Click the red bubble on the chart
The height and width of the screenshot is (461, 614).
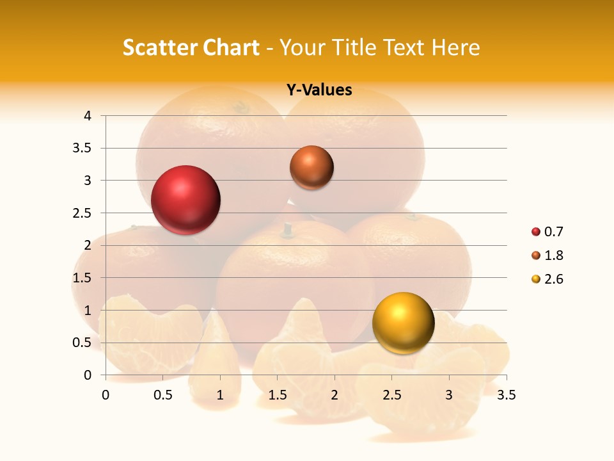click(x=186, y=200)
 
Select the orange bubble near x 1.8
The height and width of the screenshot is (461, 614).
click(x=311, y=167)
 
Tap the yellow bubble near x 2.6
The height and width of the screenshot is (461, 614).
click(x=403, y=323)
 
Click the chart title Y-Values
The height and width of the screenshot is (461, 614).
click(x=319, y=90)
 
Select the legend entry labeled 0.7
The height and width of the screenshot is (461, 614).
click(x=548, y=232)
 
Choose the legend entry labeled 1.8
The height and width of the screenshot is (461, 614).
click(x=548, y=255)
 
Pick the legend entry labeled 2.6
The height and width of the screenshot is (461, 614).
click(x=548, y=279)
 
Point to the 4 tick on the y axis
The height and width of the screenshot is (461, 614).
click(x=88, y=116)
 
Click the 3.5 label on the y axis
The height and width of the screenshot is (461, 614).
click(x=82, y=148)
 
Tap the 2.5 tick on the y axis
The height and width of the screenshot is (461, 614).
click(x=82, y=213)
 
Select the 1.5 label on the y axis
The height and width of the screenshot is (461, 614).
click(x=82, y=278)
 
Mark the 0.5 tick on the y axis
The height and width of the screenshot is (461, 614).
click(x=82, y=343)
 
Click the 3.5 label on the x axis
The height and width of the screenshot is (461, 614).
click(x=507, y=395)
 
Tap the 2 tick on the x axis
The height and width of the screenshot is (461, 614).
click(x=335, y=395)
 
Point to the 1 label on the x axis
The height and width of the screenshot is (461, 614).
click(x=220, y=395)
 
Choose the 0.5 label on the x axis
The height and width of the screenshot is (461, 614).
click(x=163, y=395)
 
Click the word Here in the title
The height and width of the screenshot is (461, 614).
click(x=456, y=47)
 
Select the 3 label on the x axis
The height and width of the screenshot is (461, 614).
click(x=449, y=395)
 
